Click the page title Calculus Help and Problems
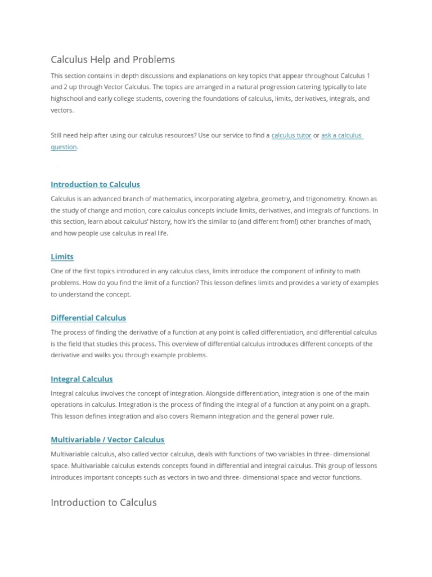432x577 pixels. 112,60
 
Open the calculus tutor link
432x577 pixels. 291,135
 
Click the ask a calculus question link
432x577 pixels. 341,135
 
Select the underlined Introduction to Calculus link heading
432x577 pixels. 95,184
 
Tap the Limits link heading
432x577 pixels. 62,256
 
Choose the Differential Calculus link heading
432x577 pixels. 88,318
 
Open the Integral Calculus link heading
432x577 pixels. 82,379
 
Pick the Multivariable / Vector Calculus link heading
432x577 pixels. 107,440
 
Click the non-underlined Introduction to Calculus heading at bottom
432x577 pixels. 103,502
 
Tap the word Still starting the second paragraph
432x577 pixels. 58,135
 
